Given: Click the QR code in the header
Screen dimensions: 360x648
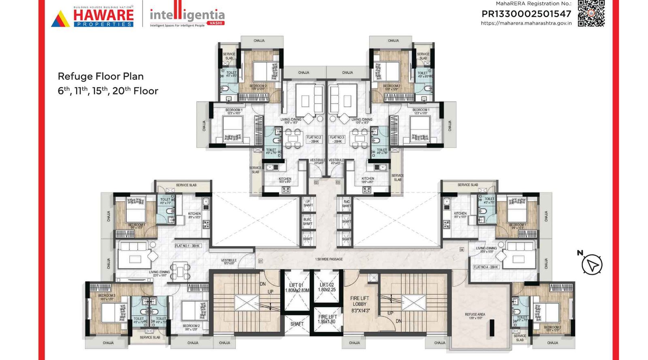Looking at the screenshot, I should (x=591, y=13).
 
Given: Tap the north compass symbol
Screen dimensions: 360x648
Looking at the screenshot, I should (x=592, y=265).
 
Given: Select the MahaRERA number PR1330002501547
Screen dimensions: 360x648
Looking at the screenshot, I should (x=526, y=14).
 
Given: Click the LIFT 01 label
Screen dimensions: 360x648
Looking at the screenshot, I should (x=296, y=288).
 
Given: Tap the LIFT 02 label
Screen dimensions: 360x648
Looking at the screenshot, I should (x=327, y=287).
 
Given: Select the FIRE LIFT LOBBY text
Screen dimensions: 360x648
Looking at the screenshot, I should (x=359, y=304).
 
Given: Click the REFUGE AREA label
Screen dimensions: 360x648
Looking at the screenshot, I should (x=475, y=316).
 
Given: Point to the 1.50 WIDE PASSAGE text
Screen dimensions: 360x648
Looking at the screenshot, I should (x=329, y=259).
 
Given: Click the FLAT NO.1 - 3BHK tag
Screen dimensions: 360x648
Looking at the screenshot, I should (x=188, y=246).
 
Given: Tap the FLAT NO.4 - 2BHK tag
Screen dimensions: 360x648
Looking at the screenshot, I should (x=486, y=267).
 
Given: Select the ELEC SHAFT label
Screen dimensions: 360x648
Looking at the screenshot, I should (x=308, y=222).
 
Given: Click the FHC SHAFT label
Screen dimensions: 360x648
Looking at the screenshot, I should (x=347, y=204).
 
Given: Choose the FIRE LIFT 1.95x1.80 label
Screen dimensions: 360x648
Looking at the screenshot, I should (x=327, y=319).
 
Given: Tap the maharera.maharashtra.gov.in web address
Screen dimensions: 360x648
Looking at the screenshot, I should (x=526, y=23).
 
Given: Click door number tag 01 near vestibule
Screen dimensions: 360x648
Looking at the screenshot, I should (x=260, y=261).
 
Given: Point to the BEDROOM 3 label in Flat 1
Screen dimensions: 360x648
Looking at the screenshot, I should (x=107, y=297).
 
